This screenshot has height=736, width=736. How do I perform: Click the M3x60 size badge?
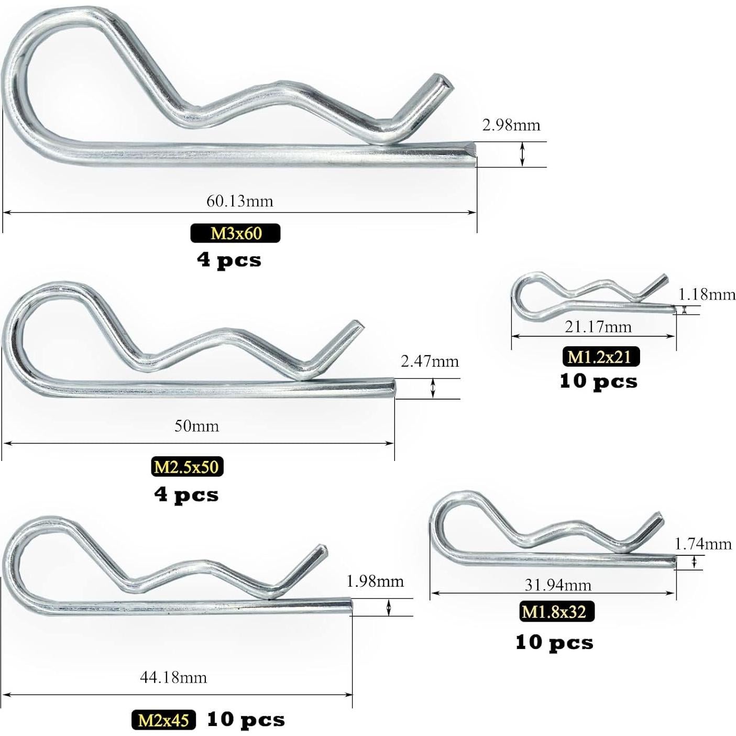[x=235, y=233]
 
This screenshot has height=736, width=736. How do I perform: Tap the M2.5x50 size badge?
[x=187, y=467]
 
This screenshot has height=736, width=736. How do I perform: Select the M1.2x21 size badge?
[x=601, y=357]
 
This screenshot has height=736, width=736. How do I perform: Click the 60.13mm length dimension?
[x=240, y=201]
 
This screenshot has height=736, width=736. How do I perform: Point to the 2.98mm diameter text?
[x=511, y=125]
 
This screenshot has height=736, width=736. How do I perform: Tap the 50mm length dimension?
[x=196, y=426]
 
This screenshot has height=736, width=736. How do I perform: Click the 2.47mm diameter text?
[x=430, y=361]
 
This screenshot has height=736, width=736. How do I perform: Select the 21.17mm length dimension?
[x=598, y=326]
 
